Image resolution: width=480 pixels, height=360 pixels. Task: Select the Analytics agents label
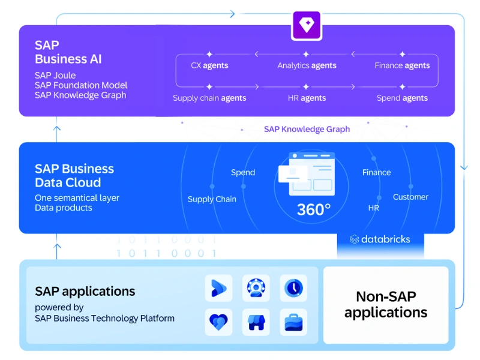pos(307,65)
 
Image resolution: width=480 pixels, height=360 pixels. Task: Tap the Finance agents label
pos(402,65)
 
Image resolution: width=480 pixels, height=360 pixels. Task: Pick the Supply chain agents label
pos(209,98)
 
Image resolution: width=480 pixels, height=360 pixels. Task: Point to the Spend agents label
pos(402,98)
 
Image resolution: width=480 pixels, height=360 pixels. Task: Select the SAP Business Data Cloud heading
pos(74,175)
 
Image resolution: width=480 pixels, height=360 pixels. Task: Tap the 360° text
pos(314,209)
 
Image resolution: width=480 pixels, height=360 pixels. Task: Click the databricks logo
pos(380,239)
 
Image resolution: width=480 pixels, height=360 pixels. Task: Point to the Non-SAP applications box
pos(386,304)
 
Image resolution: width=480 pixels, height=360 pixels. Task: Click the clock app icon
pos(293,288)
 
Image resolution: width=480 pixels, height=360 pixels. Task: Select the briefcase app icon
pos(293,322)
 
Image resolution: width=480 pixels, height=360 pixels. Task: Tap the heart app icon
pos(219,322)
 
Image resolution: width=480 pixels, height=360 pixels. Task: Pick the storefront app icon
pos(256,322)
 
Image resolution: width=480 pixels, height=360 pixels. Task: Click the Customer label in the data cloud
pos(410,197)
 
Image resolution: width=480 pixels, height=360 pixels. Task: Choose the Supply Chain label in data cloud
pos(212,199)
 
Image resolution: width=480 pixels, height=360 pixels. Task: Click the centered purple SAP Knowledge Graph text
pos(307,129)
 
